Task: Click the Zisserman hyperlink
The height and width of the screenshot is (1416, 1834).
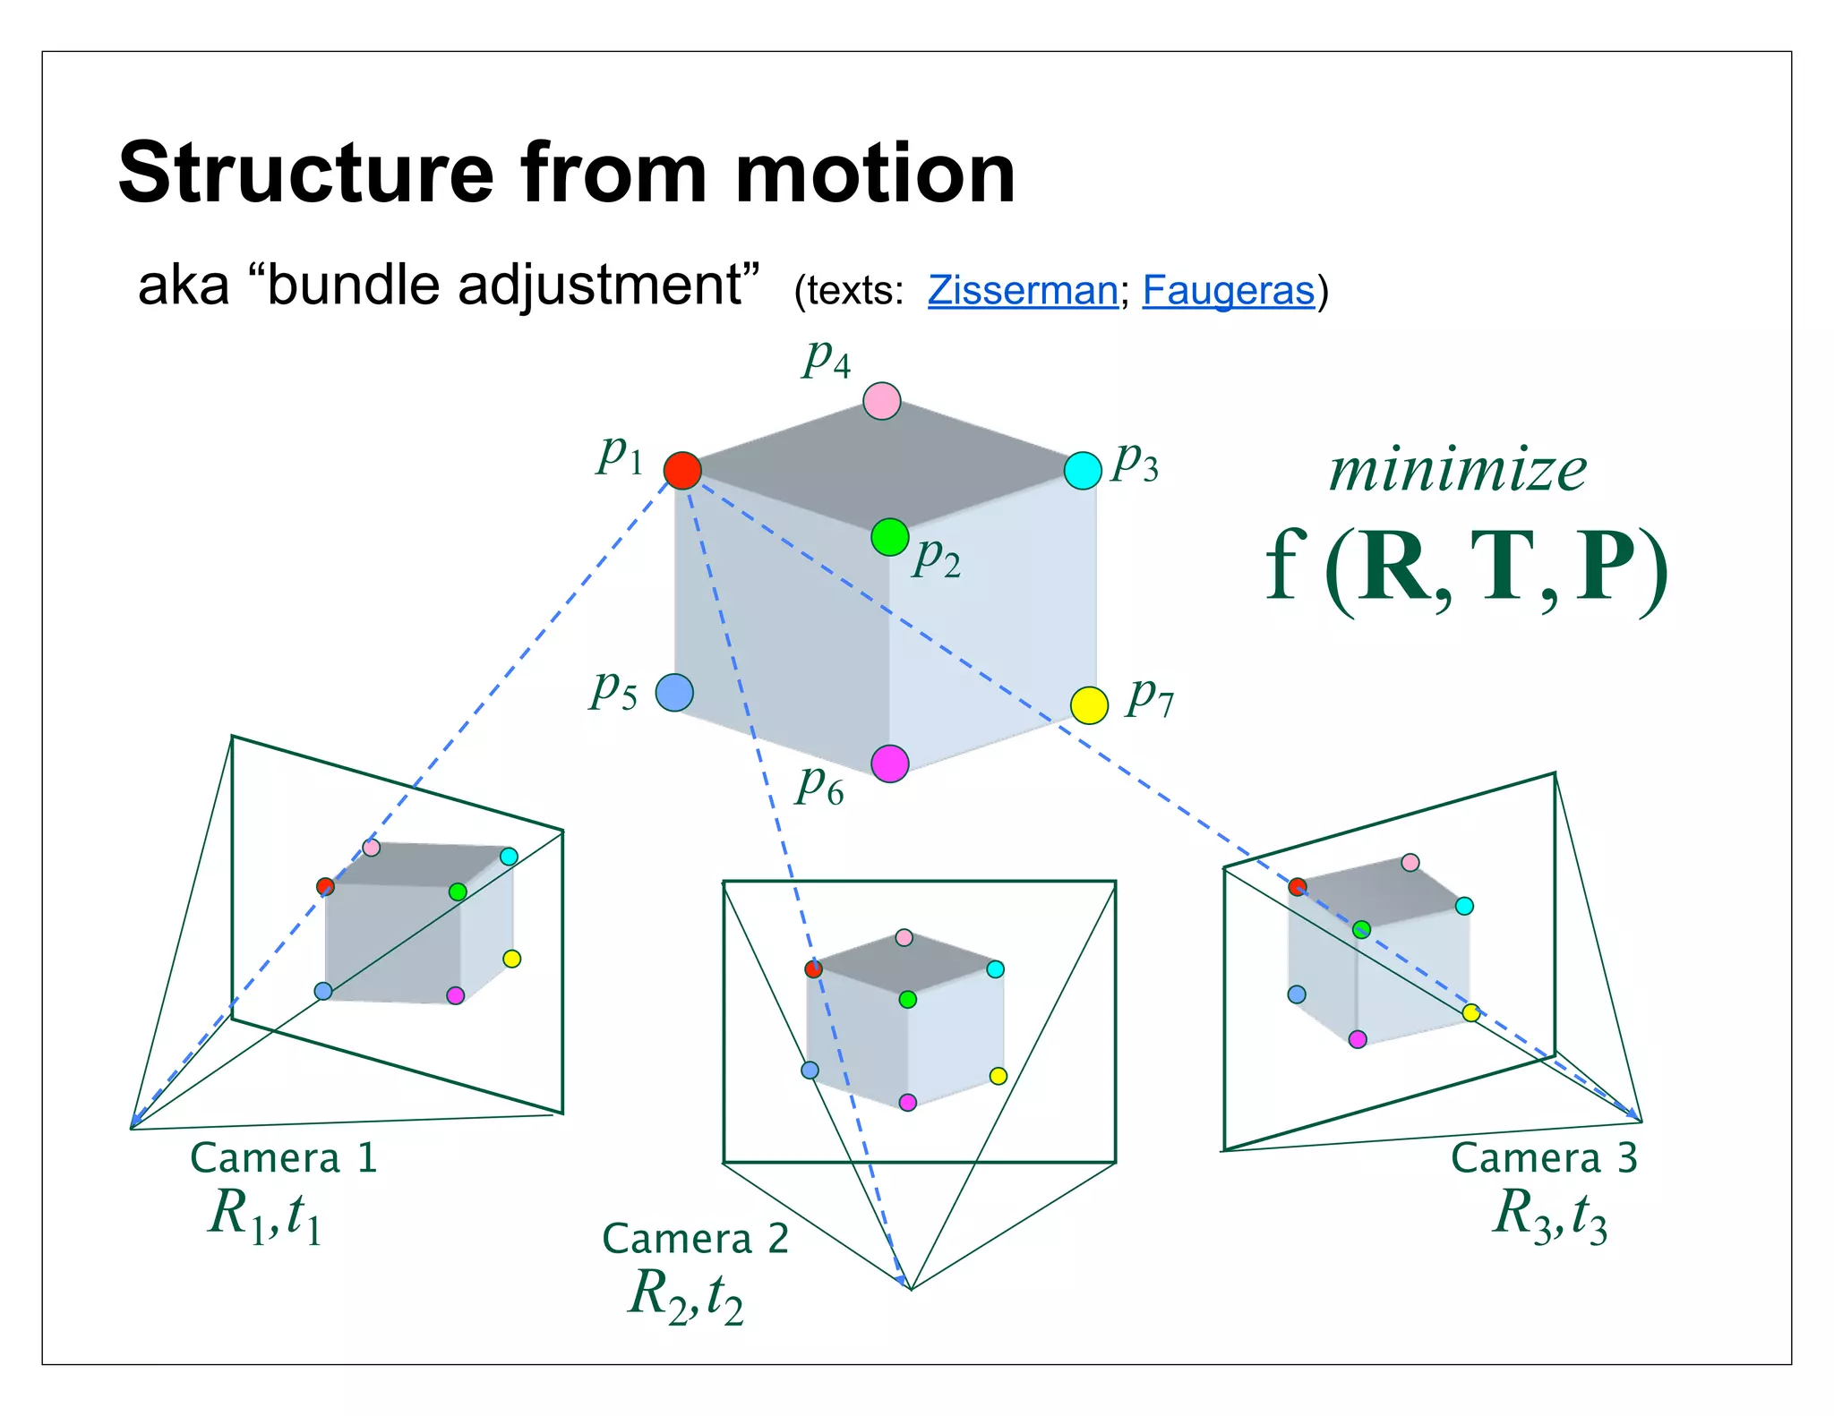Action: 1022,290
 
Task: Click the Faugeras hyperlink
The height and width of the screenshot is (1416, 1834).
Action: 1228,290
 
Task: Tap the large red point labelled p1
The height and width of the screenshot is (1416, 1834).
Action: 682,470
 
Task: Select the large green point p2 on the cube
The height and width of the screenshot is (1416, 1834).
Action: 889,537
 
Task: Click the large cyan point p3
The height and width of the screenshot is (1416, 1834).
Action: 1082,470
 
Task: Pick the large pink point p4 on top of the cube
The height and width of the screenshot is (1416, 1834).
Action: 881,401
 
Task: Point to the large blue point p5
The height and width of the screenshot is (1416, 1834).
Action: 674,693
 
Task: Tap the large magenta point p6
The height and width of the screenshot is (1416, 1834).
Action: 889,763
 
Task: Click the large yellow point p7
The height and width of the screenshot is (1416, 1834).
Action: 1089,705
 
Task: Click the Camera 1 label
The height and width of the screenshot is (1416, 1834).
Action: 283,1157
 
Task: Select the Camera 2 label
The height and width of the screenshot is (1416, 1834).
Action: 695,1239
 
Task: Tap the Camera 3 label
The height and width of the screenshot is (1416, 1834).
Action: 1544,1157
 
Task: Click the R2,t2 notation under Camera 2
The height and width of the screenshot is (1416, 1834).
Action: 686,1296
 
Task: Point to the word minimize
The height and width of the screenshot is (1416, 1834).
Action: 1457,471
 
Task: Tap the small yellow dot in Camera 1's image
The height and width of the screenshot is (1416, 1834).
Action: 511,959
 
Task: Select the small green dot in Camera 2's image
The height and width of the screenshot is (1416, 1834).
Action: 907,999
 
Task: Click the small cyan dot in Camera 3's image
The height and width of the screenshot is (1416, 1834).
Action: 1464,906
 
